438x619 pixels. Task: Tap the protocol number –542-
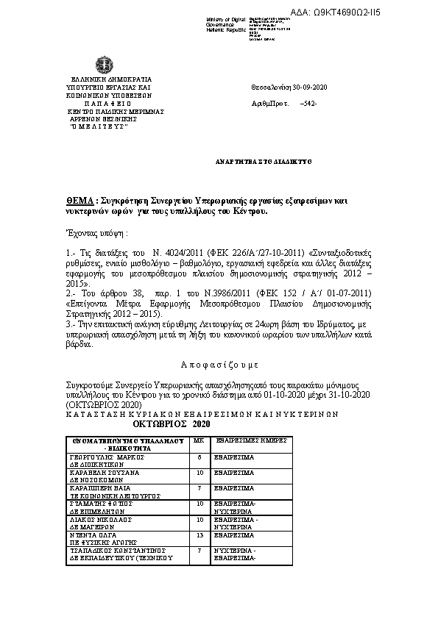click(x=308, y=104)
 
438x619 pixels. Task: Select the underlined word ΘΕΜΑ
click(x=78, y=201)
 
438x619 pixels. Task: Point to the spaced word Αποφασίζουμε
click(x=219, y=365)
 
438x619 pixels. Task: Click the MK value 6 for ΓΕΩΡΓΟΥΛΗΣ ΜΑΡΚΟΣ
click(x=199, y=457)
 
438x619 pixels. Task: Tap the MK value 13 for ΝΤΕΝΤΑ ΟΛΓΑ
click(x=199, y=536)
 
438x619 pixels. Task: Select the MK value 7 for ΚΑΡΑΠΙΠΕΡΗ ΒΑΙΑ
click(x=199, y=487)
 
